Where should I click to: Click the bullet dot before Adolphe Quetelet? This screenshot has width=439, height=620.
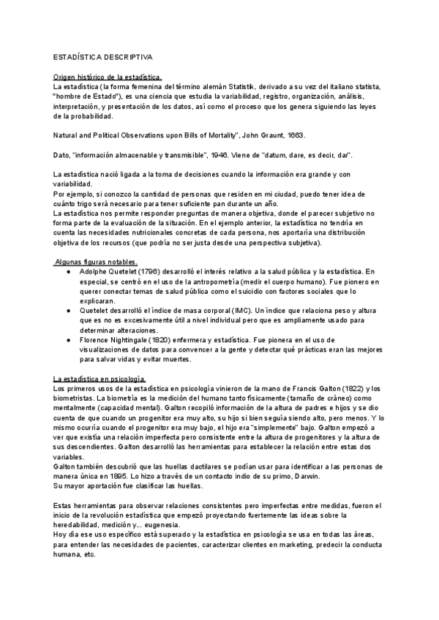[x=68, y=272]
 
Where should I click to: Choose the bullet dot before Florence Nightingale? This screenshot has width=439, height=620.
[x=68, y=340]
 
